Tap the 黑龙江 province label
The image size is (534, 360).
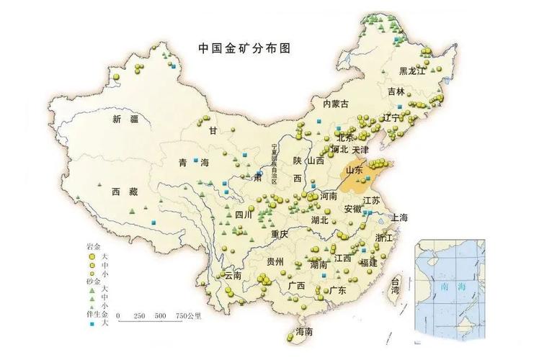413,71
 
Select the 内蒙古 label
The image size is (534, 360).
335,104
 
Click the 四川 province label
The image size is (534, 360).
244,215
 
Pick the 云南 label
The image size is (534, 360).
232,275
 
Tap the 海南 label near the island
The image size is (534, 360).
303,332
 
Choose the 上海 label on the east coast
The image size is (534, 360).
399,217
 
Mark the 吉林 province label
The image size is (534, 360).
396,91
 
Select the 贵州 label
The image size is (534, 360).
275,261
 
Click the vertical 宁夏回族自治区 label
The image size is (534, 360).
275,165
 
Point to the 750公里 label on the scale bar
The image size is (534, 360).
190,316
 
